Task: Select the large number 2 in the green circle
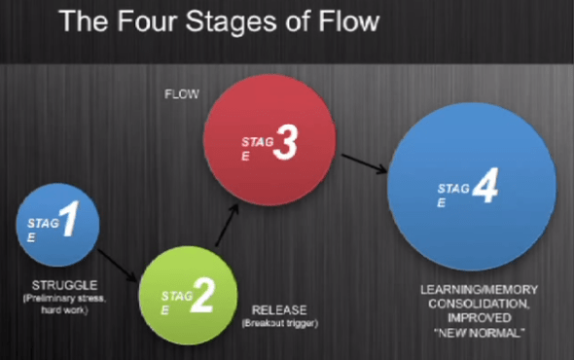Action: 199,296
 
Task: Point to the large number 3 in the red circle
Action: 283,143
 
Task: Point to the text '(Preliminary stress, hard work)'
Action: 60,303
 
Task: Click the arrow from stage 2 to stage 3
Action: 225,230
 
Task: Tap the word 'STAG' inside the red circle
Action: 252,140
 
